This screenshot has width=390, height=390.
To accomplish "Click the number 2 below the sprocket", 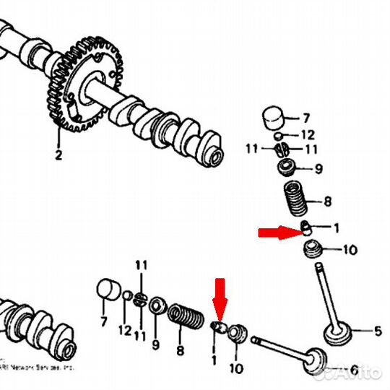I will pos(58,155).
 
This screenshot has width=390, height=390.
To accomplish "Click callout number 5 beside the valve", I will pos(377,332).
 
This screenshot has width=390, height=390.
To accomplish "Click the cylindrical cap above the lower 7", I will pos(108,289).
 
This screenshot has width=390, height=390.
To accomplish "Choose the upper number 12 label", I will pos(308,134).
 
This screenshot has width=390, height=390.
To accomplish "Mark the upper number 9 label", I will pos(318,170).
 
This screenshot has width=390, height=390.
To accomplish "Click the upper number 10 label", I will pos(349,251).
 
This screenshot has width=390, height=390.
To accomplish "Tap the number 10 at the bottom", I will pos(235,368).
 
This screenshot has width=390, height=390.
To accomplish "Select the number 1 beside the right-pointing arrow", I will pos(335,228).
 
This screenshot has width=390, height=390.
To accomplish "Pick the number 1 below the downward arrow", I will pos(214,358).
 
